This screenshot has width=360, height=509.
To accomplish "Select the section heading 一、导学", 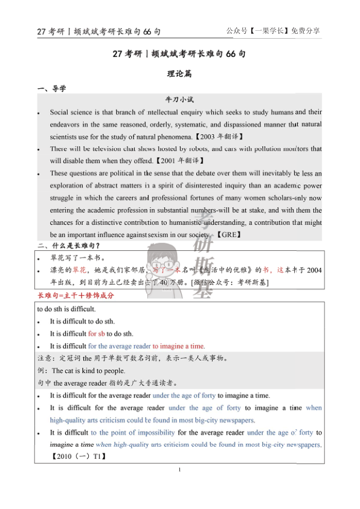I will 52,89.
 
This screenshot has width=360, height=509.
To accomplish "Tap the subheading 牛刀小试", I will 179,99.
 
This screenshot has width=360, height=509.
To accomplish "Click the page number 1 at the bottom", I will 180,470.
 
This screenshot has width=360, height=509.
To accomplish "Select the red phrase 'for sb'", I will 96,334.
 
